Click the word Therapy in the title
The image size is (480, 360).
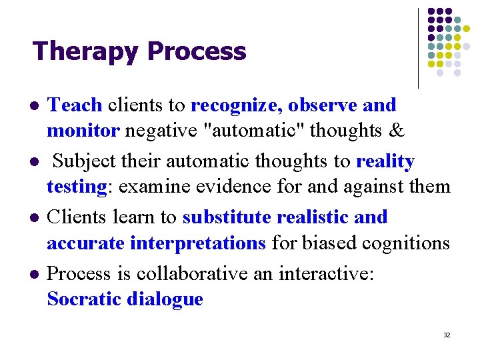(87, 51)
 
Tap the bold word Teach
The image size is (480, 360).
(75, 105)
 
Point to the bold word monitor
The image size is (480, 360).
(83, 131)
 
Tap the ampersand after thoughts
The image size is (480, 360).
(396, 131)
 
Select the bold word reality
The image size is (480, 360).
(385, 161)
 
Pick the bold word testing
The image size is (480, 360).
(77, 187)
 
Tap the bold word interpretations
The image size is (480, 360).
(198, 243)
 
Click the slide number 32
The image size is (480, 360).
(446, 335)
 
